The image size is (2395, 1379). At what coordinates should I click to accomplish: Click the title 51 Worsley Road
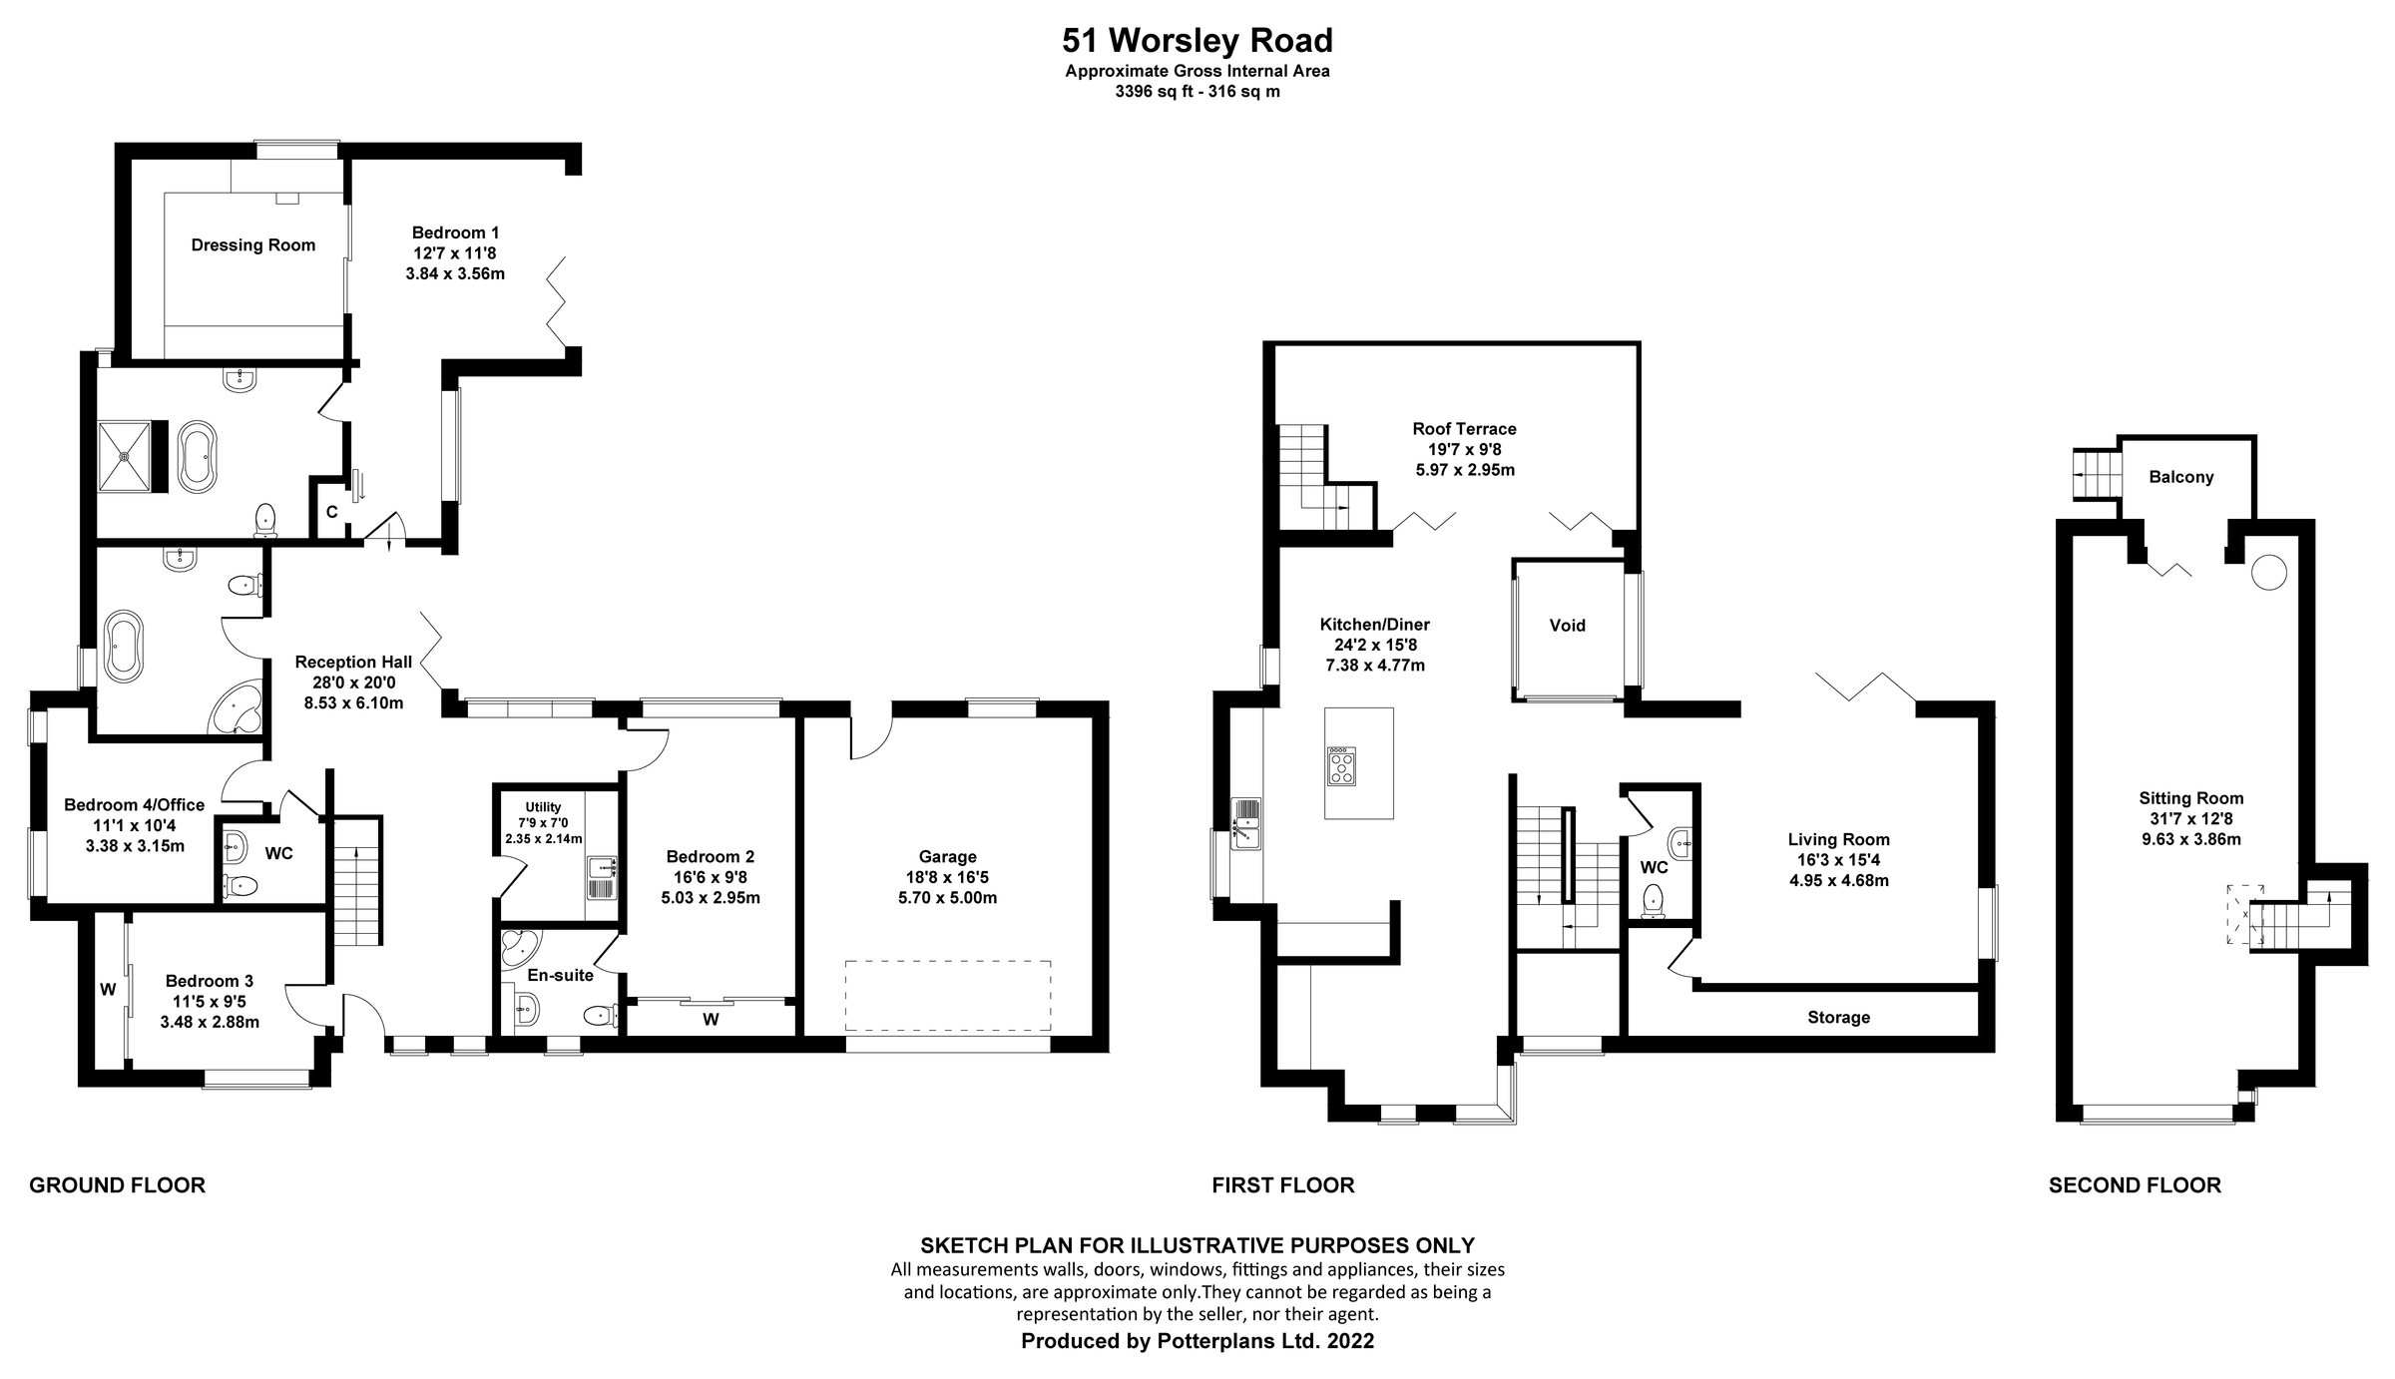1197,41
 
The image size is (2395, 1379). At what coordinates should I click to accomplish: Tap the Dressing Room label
252,245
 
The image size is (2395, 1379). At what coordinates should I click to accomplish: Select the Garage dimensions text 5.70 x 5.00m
947,897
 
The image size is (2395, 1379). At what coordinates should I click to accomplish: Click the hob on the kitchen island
1341,766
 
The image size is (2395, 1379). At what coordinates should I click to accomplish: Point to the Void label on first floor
1567,626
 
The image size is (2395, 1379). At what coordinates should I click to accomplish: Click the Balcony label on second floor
2180,477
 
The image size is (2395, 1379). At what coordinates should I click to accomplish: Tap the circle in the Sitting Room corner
2267,573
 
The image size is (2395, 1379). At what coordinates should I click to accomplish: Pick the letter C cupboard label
332,512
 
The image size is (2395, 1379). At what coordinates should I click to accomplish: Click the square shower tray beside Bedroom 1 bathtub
125,456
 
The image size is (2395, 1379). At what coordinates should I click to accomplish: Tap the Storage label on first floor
1838,1018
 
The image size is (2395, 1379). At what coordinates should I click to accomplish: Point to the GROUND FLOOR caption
117,1185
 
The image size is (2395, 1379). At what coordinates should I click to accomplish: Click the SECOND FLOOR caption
2135,1185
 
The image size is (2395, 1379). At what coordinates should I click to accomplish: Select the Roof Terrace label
1464,429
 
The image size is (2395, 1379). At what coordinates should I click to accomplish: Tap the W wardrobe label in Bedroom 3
108,990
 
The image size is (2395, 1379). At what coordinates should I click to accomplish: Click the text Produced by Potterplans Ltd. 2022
1197,1341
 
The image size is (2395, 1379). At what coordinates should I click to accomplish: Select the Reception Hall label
353,663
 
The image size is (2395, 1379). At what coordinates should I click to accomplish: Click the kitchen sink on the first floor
1246,823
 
